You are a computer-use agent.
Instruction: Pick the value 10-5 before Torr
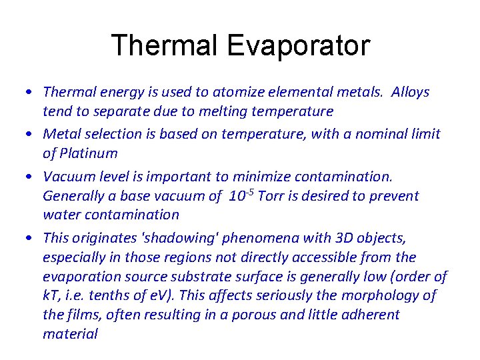(241, 195)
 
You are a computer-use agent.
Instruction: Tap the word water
(63, 215)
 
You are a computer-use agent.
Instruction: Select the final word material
(70, 333)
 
